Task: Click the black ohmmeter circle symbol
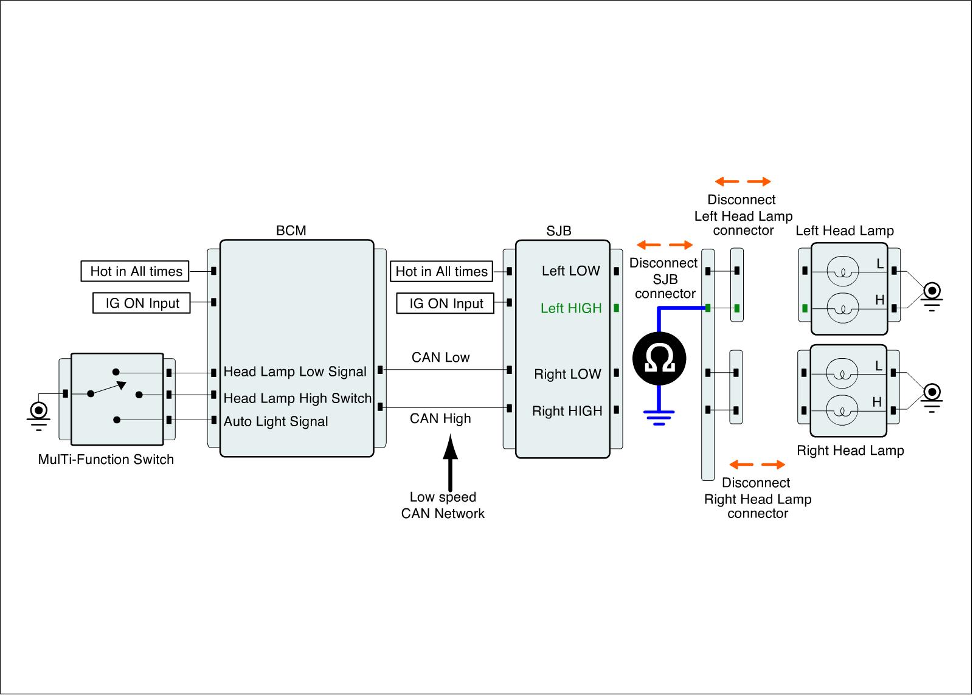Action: click(659, 358)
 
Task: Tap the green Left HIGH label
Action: click(570, 308)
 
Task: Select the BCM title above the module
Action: click(291, 230)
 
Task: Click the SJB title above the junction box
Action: click(558, 231)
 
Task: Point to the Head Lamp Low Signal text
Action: click(295, 372)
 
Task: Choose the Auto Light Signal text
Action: click(275, 421)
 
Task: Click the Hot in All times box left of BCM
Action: click(135, 271)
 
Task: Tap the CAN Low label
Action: click(440, 358)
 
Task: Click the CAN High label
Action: click(440, 418)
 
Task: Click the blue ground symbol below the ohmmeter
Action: click(659, 417)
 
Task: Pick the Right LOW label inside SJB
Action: click(567, 374)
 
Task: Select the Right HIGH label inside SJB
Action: click(567, 411)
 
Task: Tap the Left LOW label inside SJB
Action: click(570, 271)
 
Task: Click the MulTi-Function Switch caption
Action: click(106, 459)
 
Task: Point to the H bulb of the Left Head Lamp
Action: click(843, 308)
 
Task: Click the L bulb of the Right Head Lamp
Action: click(843, 373)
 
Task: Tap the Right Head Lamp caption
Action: click(850, 451)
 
